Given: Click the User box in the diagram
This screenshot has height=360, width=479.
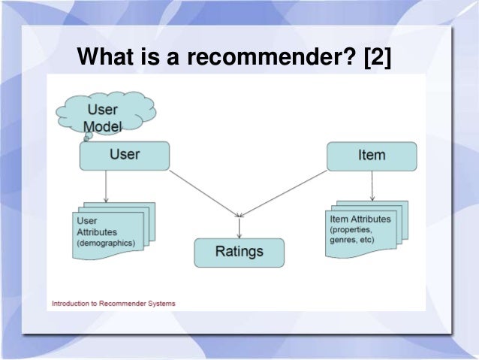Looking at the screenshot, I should (125, 156).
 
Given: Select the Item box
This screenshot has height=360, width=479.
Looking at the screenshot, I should (372, 156).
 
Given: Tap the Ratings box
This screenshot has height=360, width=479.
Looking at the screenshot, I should (239, 252).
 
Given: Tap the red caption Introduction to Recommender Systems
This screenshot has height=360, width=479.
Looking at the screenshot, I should (113, 304).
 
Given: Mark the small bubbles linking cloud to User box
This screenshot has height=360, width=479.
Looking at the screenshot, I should (86, 138).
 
